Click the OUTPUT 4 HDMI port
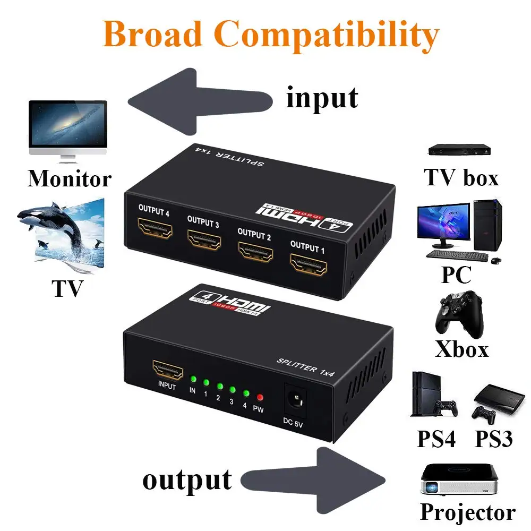click(155, 228)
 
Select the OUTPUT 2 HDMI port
click(255, 252)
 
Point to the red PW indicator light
click(260, 397)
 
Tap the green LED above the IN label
click(193, 379)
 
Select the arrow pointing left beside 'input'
click(200, 101)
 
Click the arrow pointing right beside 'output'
click(313, 480)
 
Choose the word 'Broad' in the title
click(152, 34)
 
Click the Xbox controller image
click(459, 314)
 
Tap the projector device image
click(460, 479)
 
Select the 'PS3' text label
click(494, 439)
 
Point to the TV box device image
click(459, 150)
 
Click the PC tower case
click(487, 225)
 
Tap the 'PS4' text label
click(436, 439)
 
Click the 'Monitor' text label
click(70, 178)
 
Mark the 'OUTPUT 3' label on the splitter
click(203, 222)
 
